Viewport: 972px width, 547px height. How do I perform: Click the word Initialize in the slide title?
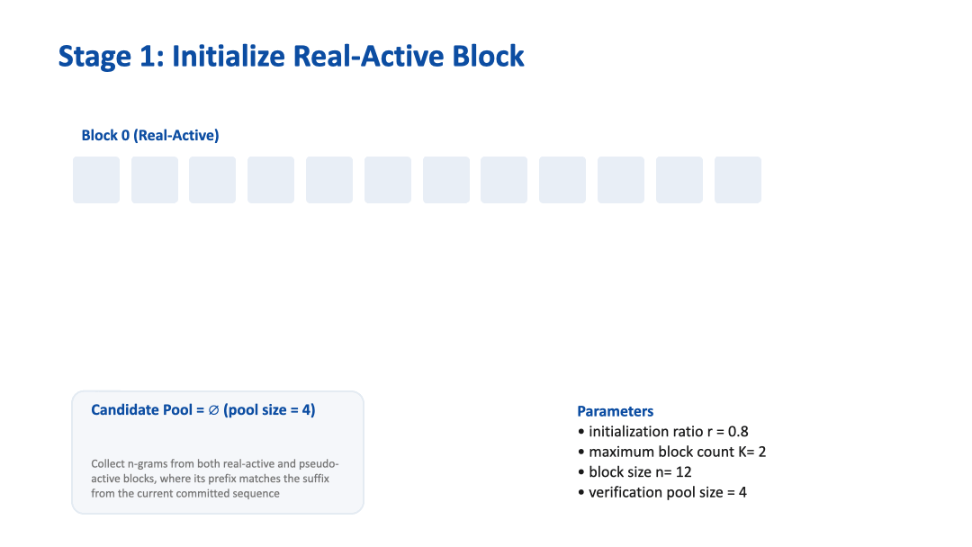click(x=229, y=56)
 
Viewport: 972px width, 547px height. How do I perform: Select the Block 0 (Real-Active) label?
click(x=150, y=135)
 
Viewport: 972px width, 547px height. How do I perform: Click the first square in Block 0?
click(x=96, y=180)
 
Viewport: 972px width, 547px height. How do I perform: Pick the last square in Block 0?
click(x=738, y=180)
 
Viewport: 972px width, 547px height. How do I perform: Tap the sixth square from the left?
click(x=388, y=180)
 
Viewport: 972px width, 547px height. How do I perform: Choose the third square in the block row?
click(x=212, y=180)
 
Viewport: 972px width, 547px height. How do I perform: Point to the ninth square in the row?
click(x=562, y=180)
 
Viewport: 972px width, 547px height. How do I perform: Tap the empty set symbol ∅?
click(x=213, y=410)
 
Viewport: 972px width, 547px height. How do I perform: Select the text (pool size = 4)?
click(x=269, y=410)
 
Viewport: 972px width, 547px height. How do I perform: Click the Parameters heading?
click(x=615, y=411)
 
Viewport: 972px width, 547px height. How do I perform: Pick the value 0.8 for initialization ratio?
click(x=737, y=432)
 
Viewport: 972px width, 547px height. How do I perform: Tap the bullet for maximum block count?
click(x=581, y=452)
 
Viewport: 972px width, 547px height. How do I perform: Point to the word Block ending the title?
click(x=484, y=56)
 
